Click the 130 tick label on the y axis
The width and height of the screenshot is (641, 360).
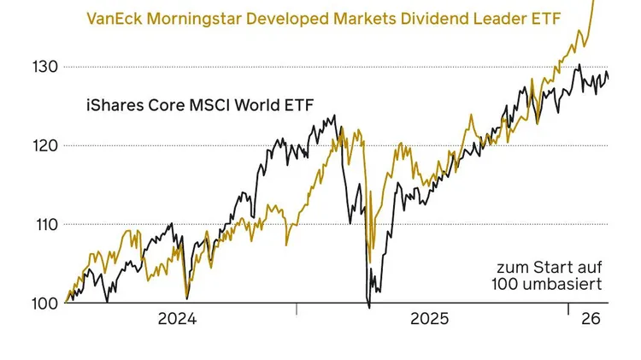tap(44, 67)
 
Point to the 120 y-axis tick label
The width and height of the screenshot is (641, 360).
tap(44, 145)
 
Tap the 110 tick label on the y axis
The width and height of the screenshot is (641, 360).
tap(44, 224)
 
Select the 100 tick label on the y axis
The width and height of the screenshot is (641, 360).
tap(44, 303)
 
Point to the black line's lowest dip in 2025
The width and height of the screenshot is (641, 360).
tap(368, 306)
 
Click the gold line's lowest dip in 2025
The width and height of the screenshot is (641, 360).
tap(368, 261)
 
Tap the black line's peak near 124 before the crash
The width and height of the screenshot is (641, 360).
tap(334, 116)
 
